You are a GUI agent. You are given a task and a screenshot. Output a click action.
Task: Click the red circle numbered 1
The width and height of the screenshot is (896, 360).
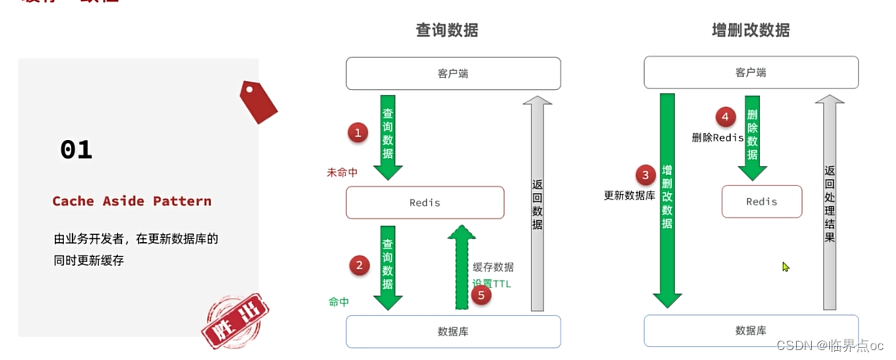pos(357,132)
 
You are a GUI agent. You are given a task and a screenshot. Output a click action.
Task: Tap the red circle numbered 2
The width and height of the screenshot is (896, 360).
pos(358,265)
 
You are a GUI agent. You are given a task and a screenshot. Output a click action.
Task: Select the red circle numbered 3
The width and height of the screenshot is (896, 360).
pos(646,174)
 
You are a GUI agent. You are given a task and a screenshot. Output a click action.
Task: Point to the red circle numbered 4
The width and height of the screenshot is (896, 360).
pos(724,116)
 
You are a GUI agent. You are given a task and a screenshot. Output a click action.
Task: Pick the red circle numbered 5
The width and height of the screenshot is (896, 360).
pos(482,295)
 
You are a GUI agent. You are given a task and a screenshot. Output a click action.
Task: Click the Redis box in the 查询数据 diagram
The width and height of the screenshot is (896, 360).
pos(425,202)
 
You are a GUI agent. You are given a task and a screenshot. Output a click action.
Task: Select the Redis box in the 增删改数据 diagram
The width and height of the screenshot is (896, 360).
pos(761,201)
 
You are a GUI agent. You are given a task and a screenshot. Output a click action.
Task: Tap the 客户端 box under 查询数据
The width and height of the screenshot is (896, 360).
pos(453,74)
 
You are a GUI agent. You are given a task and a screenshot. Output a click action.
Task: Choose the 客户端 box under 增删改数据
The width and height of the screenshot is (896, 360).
pos(750,73)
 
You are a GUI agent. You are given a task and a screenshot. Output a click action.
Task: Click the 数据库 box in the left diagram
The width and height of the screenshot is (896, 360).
pos(453,331)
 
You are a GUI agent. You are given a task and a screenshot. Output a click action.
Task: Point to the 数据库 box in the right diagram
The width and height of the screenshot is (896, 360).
pos(750,331)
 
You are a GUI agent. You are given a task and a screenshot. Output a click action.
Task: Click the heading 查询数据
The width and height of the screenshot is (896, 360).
pos(447,30)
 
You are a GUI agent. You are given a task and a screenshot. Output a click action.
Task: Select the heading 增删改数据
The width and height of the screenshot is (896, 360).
pos(750,30)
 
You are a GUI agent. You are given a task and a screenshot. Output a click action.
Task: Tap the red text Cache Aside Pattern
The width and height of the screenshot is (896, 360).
pos(132,201)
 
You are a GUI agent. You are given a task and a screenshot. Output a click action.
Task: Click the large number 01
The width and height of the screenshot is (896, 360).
pos(76,150)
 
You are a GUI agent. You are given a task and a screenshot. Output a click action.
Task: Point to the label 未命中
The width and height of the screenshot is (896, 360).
pos(342,173)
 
